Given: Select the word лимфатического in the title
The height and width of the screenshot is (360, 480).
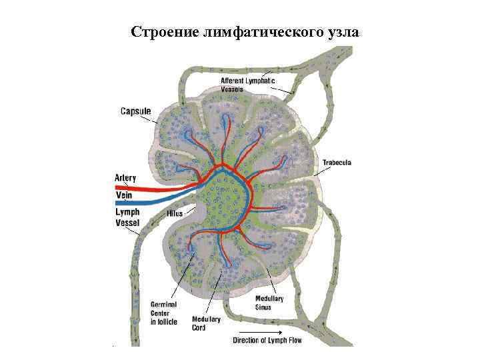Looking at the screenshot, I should click(258, 31).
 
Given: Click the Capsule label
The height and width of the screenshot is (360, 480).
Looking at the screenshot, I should click(135, 111).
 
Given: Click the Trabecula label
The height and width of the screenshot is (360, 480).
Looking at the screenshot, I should click(337, 162).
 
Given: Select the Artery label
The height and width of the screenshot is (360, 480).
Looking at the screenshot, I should click(125, 177).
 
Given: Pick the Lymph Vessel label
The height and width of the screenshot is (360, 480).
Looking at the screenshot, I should click(128, 217).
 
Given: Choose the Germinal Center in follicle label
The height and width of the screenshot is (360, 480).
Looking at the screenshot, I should click(164, 313).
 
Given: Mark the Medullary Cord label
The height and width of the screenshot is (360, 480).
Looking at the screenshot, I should click(206, 323).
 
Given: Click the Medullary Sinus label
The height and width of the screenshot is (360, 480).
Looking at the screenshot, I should click(269, 303).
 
